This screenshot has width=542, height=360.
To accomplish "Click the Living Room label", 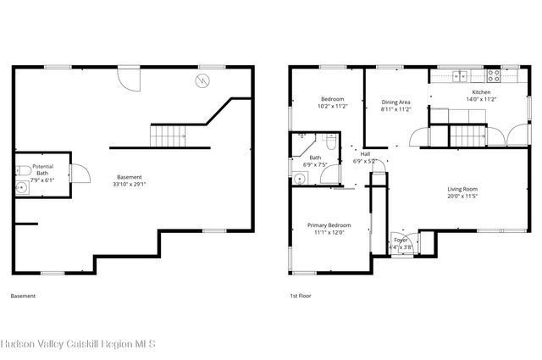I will coord(463,189).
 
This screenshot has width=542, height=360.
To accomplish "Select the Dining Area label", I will coord(395,102).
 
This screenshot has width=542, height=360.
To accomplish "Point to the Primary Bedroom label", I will coord(329,224).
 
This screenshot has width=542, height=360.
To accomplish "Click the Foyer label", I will coord(401,241).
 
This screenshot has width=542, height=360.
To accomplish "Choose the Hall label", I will coord(365,153).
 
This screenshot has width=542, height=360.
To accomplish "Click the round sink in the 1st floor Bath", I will coord(299,178).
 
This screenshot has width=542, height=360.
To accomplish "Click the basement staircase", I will coord(167,134).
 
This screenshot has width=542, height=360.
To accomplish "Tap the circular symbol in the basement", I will coord(202,80).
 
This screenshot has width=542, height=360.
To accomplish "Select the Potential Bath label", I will coord(42,169).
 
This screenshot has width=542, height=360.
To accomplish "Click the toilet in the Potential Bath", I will coord(20,169).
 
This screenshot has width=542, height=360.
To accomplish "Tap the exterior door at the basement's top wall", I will coord(129,78).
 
